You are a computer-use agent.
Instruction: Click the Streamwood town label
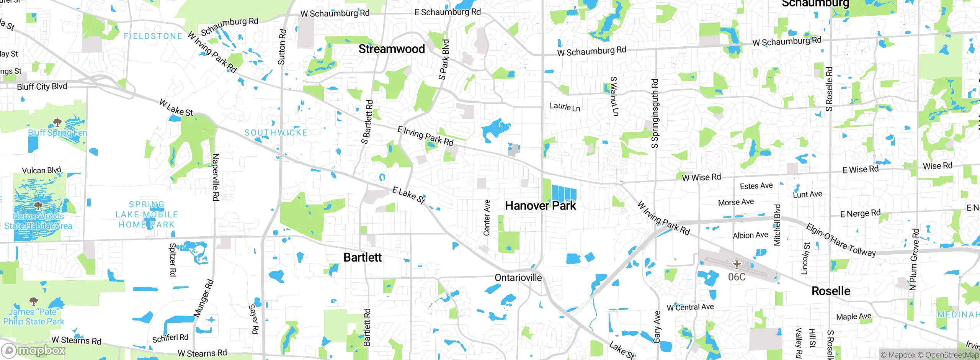point(391,49)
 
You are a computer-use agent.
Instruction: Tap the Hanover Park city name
point(540,206)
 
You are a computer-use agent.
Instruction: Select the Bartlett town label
point(362,257)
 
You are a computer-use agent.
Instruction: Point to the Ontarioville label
point(518,278)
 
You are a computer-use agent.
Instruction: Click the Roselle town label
point(831,291)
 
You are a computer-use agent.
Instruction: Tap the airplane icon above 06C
point(737,264)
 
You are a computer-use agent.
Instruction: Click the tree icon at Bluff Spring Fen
point(57,123)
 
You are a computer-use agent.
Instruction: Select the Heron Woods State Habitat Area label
point(38,221)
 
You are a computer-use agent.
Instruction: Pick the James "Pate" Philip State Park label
point(34,317)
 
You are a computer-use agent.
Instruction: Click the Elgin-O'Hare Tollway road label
point(841,240)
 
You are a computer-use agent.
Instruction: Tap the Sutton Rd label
point(282,47)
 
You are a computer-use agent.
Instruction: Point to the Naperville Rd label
point(216,177)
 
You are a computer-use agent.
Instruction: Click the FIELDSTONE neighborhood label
point(153,36)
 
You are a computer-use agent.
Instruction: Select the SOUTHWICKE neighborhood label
point(276,133)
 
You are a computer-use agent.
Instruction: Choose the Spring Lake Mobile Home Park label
point(147,215)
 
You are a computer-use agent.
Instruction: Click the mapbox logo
point(34,350)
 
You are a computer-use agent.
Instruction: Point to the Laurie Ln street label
point(565,107)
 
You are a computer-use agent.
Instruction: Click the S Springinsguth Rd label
point(655,114)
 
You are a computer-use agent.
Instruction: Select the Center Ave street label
point(487,218)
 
